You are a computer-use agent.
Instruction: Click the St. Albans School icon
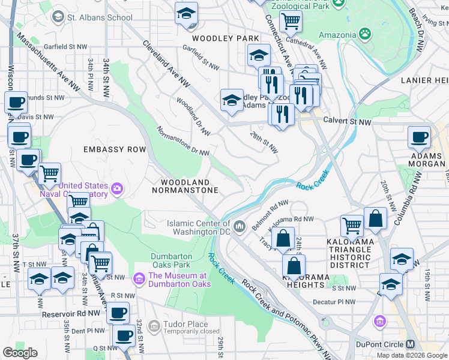[58, 17]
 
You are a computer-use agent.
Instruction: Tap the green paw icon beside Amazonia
[364, 34]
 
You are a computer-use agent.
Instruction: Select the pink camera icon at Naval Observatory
[116, 190]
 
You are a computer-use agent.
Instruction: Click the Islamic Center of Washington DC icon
[240, 226]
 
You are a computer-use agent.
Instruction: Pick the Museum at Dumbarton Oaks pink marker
[139, 278]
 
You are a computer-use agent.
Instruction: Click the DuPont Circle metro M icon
[411, 344]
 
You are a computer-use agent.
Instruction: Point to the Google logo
[20, 352]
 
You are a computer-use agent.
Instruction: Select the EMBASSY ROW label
[115, 149]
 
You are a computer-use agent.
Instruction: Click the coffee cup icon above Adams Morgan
[418, 137]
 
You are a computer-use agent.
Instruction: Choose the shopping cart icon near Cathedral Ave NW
[291, 21]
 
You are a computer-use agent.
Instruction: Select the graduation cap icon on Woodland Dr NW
[232, 101]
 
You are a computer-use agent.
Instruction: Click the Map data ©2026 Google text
[411, 355]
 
